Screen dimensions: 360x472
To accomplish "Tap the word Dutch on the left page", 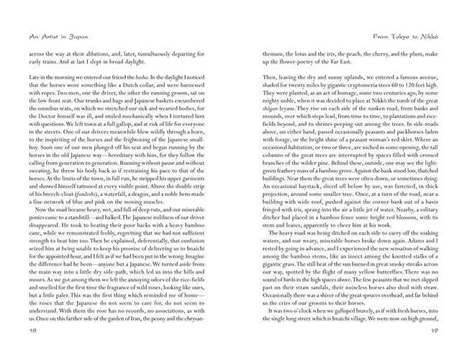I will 145,86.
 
